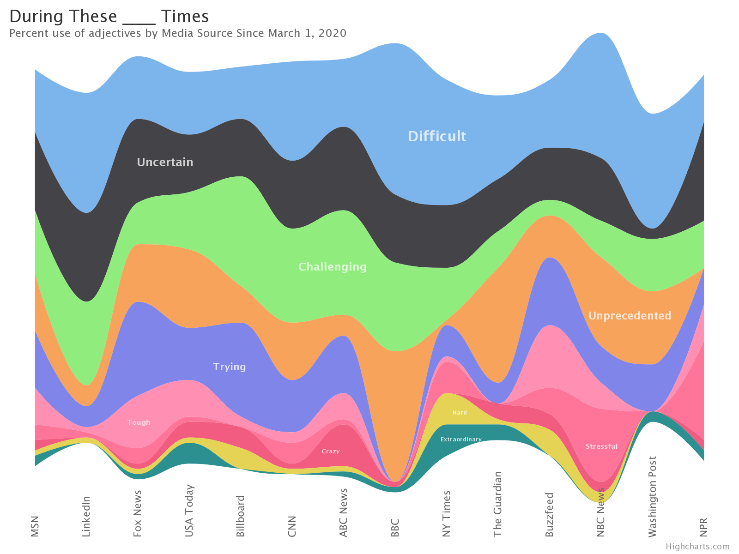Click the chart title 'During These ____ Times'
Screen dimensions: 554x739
pyautogui.click(x=109, y=17)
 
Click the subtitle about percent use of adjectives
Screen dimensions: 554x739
pyautogui.click(x=178, y=33)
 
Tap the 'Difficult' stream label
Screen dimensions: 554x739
pyautogui.click(x=436, y=136)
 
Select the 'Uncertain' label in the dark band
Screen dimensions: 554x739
pyautogui.click(x=165, y=162)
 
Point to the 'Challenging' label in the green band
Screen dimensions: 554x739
pyautogui.click(x=332, y=267)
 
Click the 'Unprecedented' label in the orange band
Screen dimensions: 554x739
pyautogui.click(x=630, y=316)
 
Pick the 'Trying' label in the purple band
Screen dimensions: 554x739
pyautogui.click(x=229, y=367)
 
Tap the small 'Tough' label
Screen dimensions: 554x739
pyautogui.click(x=139, y=422)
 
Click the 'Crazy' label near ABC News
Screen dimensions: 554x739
pyautogui.click(x=330, y=451)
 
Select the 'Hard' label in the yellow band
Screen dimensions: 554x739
pyautogui.click(x=460, y=412)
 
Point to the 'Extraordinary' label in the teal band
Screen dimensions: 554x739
pyautogui.click(x=460, y=439)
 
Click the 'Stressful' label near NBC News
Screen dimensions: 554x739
pyautogui.click(x=601, y=446)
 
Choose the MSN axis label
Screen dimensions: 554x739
pyautogui.click(x=35, y=526)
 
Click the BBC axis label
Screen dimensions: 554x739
pyautogui.click(x=395, y=527)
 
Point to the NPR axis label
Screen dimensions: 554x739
pyautogui.click(x=703, y=527)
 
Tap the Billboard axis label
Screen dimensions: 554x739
pyautogui.click(x=240, y=516)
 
